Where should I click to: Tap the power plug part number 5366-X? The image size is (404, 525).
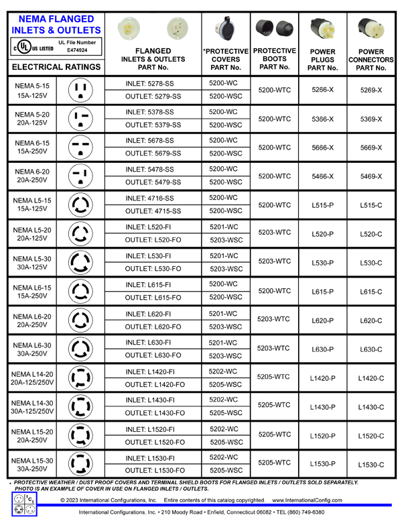click(x=323, y=119)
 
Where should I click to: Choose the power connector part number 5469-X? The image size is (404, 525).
click(x=371, y=176)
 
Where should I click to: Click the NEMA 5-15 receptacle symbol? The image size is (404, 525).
click(x=81, y=90)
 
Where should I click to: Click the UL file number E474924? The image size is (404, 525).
click(x=77, y=50)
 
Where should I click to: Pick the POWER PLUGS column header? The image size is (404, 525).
click(x=323, y=60)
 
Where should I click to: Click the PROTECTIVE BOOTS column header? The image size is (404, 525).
click(x=275, y=59)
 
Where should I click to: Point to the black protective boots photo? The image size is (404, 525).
click(x=275, y=28)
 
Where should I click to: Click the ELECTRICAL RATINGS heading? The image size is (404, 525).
click(x=56, y=67)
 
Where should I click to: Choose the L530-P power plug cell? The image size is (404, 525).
click(x=323, y=263)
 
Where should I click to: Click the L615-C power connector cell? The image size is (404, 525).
click(x=371, y=292)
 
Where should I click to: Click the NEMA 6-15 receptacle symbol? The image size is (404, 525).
click(x=81, y=148)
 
